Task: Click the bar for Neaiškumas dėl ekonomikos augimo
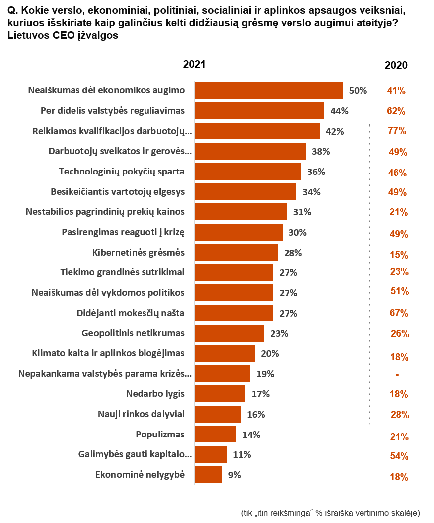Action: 268,91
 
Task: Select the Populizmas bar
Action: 215,435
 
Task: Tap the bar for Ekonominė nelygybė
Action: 208,475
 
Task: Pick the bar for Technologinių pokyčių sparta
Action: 247,172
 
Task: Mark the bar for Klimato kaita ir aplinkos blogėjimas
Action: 224,353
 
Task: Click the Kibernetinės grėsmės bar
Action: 236,253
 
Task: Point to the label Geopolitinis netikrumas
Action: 133,333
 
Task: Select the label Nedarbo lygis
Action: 155,394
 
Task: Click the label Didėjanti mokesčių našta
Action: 131,313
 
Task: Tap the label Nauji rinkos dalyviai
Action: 141,414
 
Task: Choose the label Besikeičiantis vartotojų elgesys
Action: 118,192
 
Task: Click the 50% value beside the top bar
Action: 358,91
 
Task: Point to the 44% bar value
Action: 339,111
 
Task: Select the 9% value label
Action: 234,475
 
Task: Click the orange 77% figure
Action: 397,131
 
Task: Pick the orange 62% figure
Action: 396,111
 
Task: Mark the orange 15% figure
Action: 399,255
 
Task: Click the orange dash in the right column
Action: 397,375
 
